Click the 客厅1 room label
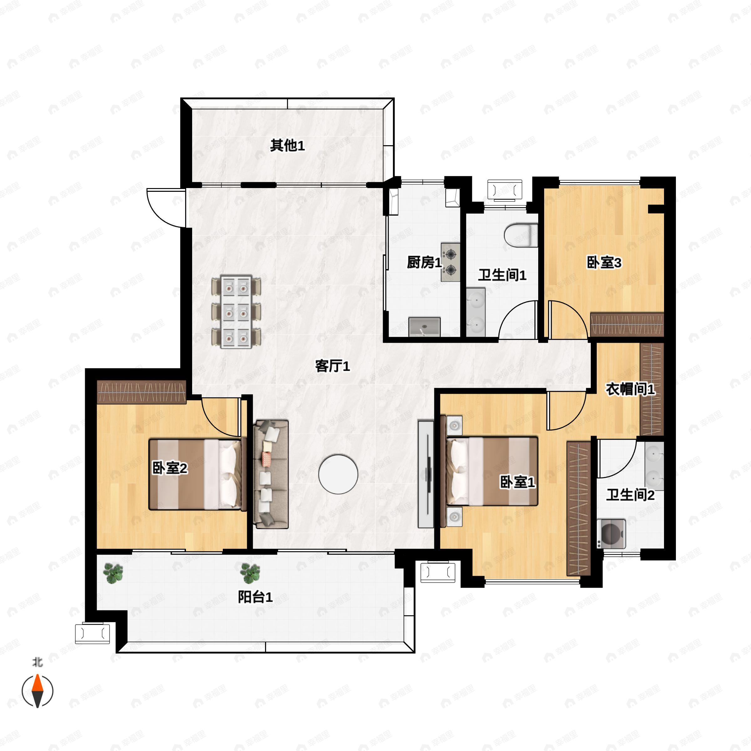coord(332,366)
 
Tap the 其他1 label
coord(287,146)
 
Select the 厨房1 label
coord(424,263)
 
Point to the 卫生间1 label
coord(502,275)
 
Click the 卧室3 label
coord(604,263)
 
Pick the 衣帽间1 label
coord(630,389)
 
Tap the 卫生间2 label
coord(630,495)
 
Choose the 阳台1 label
coord(255,597)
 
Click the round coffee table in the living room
coord(338,474)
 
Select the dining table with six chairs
coord(236,312)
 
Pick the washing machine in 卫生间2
coord(613,534)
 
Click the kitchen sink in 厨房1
coord(424,326)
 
